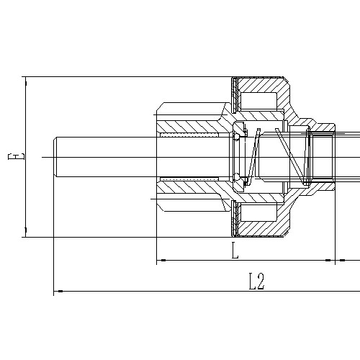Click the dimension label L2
(256, 281)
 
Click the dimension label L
(235, 251)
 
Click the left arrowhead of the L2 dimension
(58, 291)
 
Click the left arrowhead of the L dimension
(161, 260)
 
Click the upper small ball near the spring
(237, 136)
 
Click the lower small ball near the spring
(237, 176)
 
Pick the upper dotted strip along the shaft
(191, 135)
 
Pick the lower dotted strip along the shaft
(191, 179)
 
